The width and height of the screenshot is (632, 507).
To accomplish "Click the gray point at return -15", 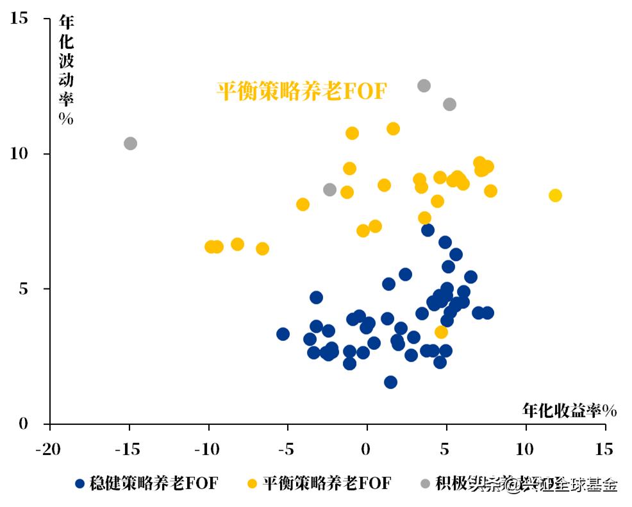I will pyautogui.click(x=130, y=144).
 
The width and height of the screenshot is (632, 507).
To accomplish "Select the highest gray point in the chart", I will pyautogui.click(x=424, y=86).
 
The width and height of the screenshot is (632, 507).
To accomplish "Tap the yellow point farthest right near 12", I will pyautogui.click(x=555, y=195).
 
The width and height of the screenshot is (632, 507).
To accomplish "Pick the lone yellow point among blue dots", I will pyautogui.click(x=441, y=332).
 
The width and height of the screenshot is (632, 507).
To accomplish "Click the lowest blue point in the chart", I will pyautogui.click(x=390, y=382).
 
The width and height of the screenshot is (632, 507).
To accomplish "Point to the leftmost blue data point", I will pyautogui.click(x=283, y=334).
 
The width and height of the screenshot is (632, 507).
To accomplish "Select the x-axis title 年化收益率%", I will pyautogui.click(x=569, y=411).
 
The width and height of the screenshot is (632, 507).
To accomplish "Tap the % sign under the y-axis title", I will pyautogui.click(x=66, y=119).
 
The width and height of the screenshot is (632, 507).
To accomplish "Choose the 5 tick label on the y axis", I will pyautogui.click(x=24, y=289).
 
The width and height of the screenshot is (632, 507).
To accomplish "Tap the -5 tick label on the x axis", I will pyautogui.click(x=288, y=449).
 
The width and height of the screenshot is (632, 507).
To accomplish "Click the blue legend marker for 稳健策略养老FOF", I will pyautogui.click(x=80, y=484).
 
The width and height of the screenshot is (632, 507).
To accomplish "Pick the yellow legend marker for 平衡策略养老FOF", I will pyautogui.click(x=253, y=484).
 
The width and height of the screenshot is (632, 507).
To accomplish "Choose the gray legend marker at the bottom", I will pyautogui.click(x=424, y=484).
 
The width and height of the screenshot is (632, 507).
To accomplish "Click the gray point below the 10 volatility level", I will pyautogui.click(x=329, y=190).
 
